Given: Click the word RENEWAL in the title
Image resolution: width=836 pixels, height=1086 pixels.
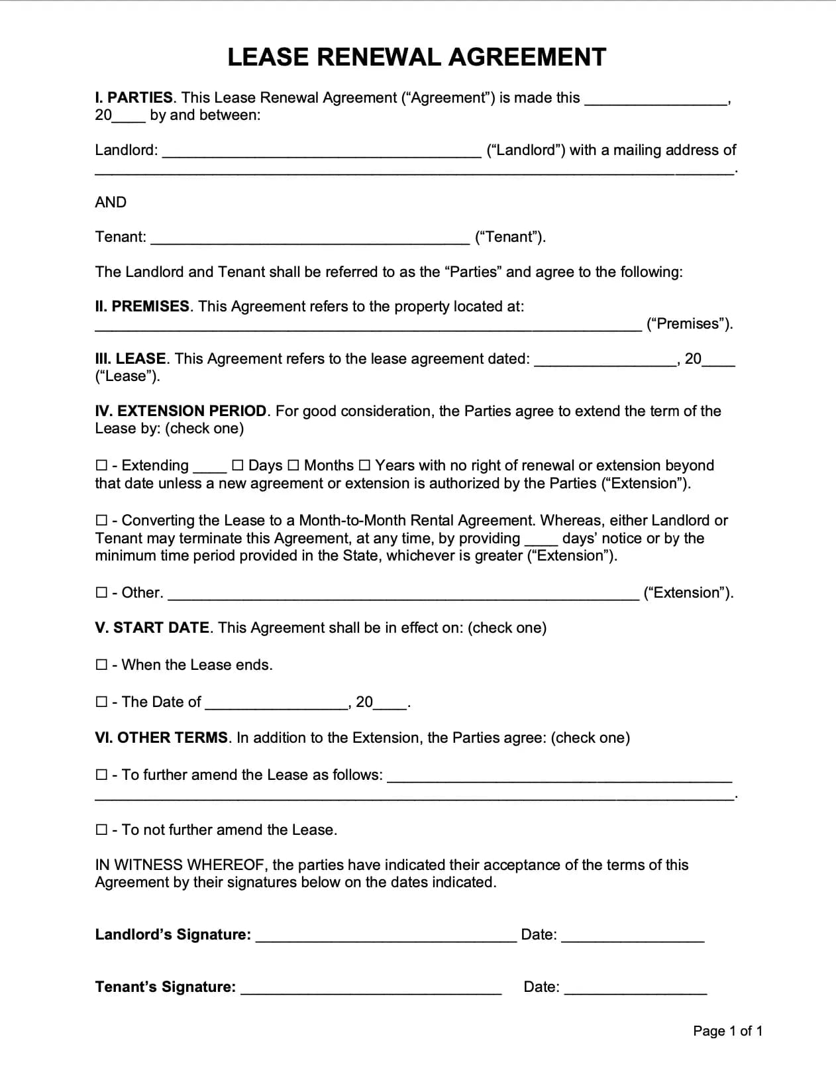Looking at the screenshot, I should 378,58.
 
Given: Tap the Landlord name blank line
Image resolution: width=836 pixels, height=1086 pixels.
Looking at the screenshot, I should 321,152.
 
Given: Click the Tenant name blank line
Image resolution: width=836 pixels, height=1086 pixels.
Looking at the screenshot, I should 310,239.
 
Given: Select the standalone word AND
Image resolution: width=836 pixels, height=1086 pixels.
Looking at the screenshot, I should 111,203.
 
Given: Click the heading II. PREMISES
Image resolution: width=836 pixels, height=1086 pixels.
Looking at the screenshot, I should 142,307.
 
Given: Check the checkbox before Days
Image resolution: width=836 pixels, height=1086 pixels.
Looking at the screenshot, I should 238,466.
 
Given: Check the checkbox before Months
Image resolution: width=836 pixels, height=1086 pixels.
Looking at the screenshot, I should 293,466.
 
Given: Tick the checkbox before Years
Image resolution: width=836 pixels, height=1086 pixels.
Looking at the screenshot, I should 364,466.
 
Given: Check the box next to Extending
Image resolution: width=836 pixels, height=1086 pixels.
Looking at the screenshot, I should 101,466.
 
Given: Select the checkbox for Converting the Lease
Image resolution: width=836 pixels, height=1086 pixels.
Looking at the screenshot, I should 101,521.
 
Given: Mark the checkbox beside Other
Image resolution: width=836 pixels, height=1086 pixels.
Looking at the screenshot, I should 101,593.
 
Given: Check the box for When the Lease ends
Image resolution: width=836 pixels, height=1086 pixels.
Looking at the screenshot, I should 101,665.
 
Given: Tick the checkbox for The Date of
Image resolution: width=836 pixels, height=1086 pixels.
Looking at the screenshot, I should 101,702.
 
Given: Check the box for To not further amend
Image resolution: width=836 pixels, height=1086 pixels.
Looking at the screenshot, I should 101,830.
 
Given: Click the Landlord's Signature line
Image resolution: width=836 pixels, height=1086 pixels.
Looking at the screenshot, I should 386,936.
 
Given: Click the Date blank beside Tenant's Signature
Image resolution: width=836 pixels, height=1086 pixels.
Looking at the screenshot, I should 635,989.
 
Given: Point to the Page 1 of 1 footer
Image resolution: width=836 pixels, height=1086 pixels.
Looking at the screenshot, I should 727,1031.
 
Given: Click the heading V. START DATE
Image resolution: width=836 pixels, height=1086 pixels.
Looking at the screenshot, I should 152,628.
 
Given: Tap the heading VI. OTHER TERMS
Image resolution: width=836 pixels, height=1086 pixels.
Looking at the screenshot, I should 162,738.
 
